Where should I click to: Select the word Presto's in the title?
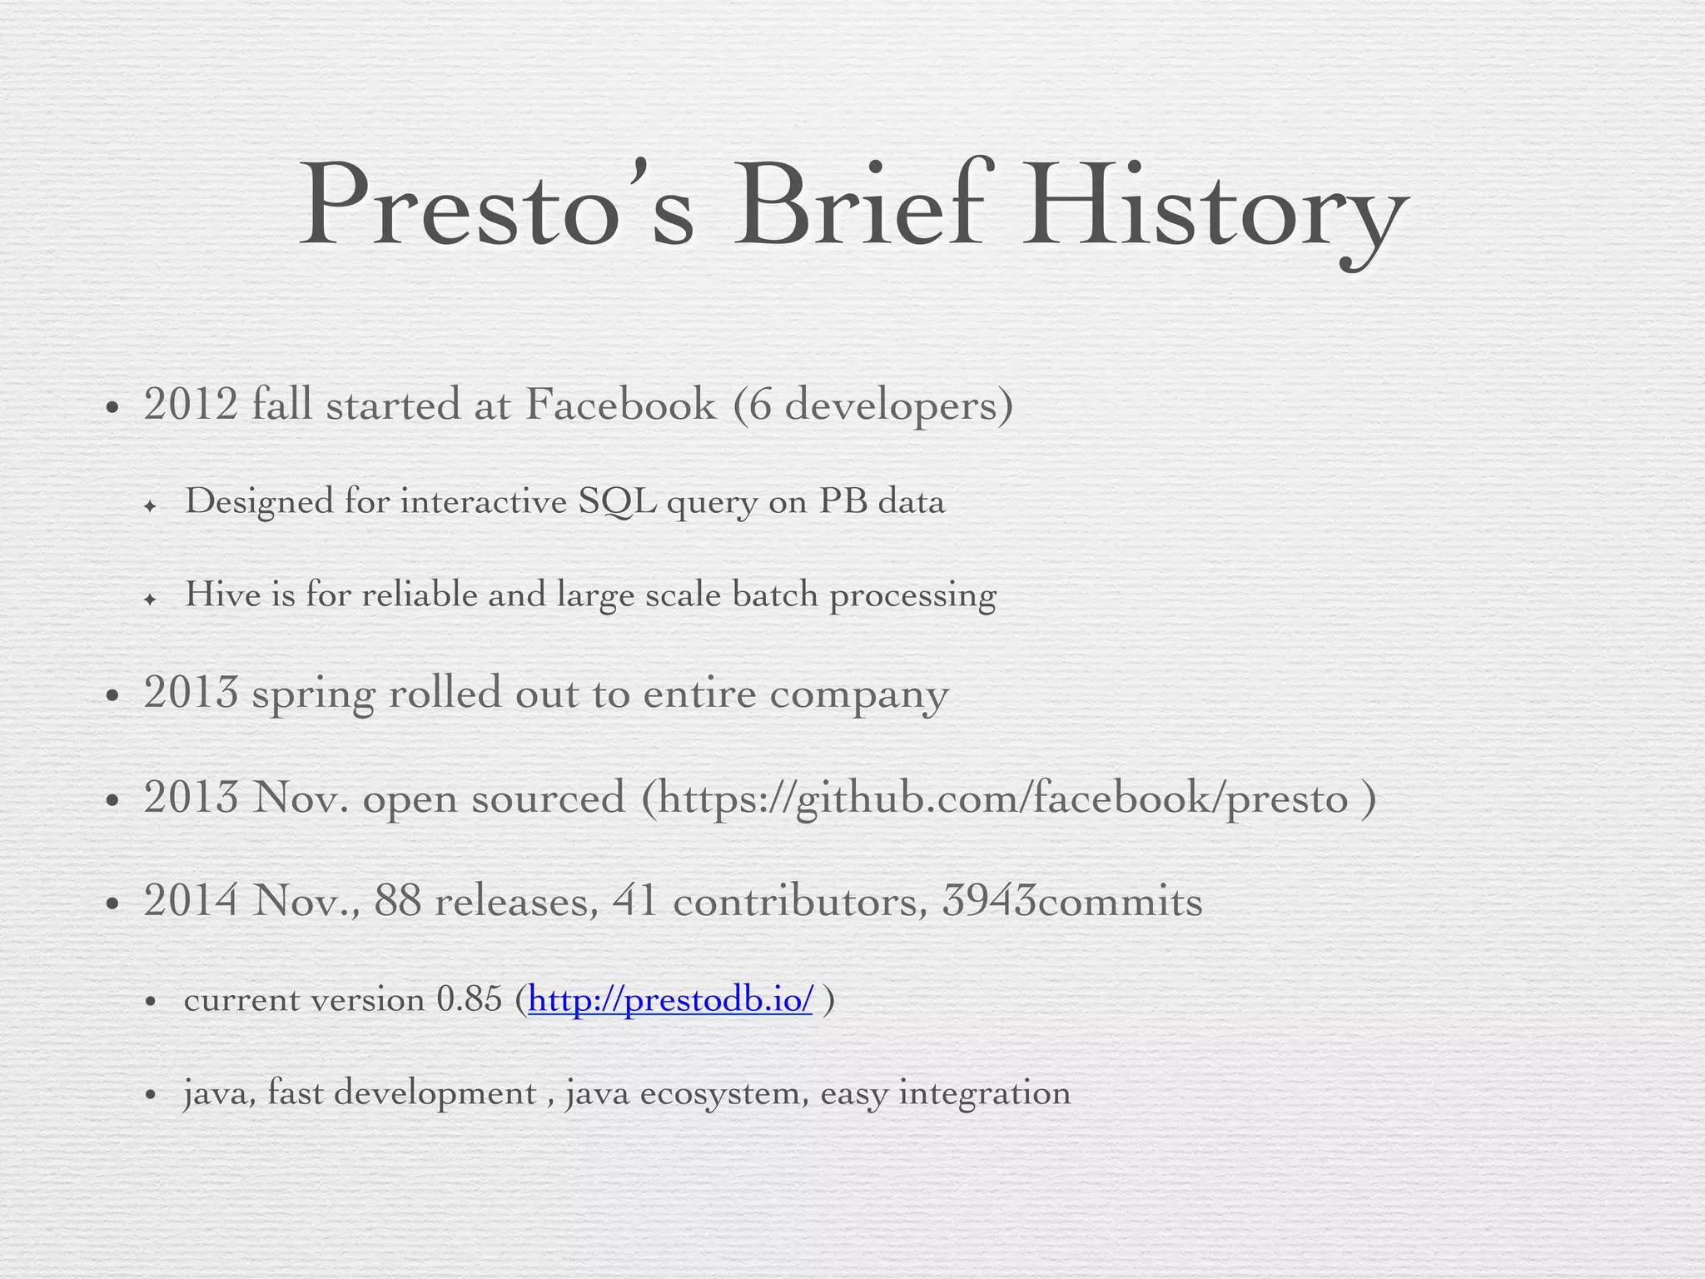496,207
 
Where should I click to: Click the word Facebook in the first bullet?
620,405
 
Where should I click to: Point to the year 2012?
191,405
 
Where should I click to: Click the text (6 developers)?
873,406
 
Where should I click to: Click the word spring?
313,694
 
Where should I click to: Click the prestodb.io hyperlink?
670,999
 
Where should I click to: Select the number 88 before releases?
398,901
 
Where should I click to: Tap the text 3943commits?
1072,901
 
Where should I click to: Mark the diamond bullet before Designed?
150,505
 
